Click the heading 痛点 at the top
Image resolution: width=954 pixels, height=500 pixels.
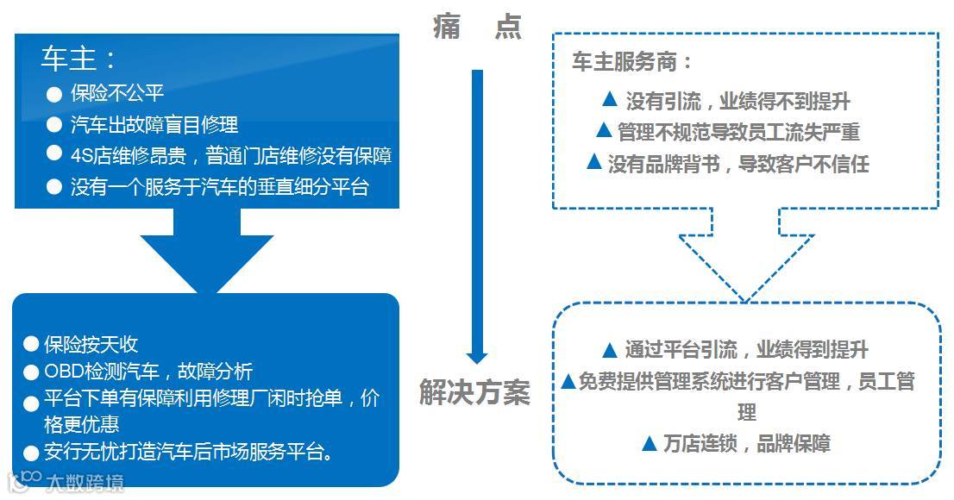click(x=477, y=28)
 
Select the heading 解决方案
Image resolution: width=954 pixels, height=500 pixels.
click(x=474, y=392)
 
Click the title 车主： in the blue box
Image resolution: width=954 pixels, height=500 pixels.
click(x=78, y=58)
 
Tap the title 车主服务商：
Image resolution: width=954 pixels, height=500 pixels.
click(x=632, y=63)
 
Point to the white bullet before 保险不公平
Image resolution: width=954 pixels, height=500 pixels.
click(x=54, y=94)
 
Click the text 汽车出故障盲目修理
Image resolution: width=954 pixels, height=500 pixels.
click(x=154, y=125)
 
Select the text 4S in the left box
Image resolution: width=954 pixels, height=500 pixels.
click(x=82, y=156)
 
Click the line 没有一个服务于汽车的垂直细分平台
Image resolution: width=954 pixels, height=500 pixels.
click(x=219, y=187)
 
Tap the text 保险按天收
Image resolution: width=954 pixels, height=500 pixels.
click(x=91, y=345)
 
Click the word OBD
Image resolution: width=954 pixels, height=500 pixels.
click(x=66, y=372)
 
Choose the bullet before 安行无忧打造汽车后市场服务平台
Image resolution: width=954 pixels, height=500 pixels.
click(x=32, y=452)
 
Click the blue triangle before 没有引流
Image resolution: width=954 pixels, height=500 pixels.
click(x=609, y=100)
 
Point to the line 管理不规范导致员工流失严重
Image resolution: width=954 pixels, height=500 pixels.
click(x=738, y=132)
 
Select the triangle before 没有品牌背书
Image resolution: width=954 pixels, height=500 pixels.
click(x=593, y=162)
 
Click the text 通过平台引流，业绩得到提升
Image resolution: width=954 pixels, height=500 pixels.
click(x=746, y=350)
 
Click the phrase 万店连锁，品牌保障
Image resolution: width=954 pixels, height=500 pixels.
click(x=746, y=444)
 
